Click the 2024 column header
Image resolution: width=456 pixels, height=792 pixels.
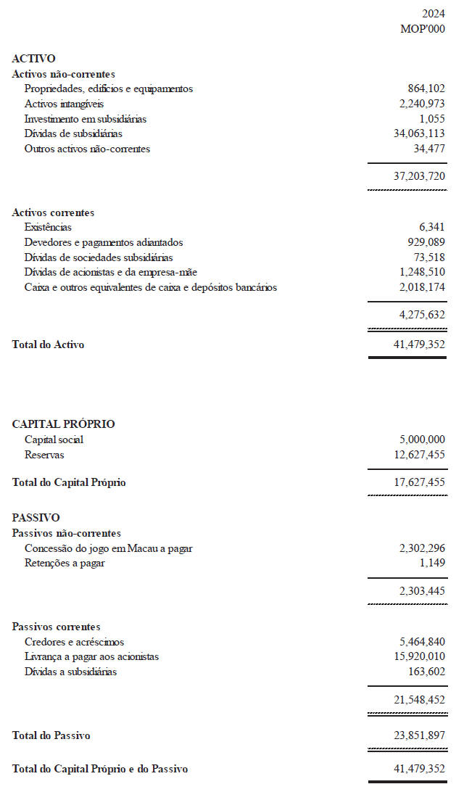(x=434, y=14)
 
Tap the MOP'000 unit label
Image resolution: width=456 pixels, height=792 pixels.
(x=423, y=29)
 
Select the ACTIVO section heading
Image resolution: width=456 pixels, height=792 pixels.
(x=33, y=59)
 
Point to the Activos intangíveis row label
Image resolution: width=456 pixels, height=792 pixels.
(x=64, y=104)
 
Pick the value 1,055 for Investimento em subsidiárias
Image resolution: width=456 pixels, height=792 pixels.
(x=432, y=119)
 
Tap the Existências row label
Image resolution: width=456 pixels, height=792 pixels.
(x=48, y=228)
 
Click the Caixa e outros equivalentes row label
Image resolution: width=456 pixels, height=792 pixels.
(x=150, y=287)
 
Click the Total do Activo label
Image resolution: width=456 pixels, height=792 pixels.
(x=48, y=345)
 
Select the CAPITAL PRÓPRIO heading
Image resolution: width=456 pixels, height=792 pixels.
(x=63, y=424)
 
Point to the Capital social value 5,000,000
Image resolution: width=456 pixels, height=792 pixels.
(x=422, y=440)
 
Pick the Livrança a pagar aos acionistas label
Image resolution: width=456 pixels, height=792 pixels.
(x=91, y=656)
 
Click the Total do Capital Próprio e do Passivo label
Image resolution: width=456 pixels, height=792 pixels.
(x=100, y=769)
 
